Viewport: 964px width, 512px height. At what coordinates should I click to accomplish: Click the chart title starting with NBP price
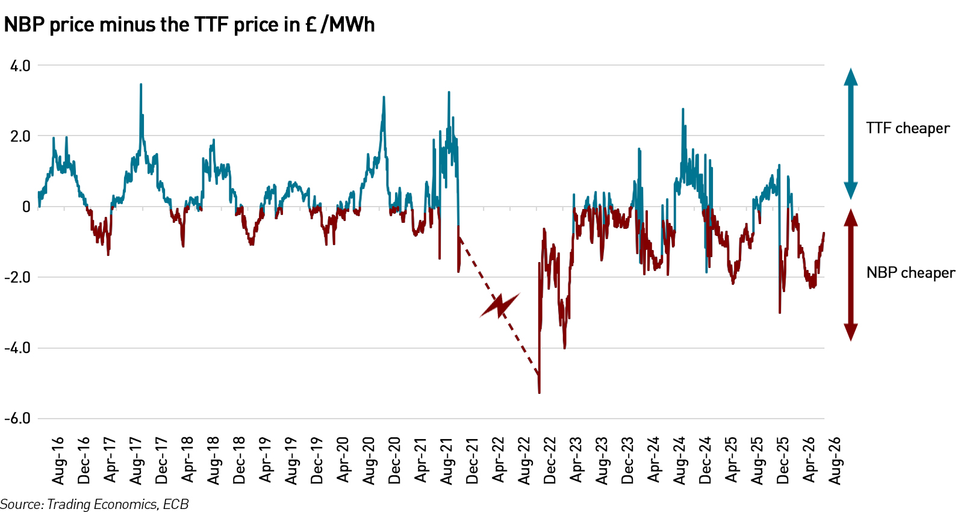pyautogui.click(x=189, y=25)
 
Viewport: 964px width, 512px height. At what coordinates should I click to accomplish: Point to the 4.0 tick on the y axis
pyautogui.click(x=20, y=66)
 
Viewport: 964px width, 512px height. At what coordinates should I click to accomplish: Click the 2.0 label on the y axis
pyautogui.click(x=20, y=137)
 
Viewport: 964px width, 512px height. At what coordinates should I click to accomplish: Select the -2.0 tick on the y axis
pyautogui.click(x=17, y=278)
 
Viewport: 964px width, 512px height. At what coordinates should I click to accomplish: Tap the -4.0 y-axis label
pyautogui.click(x=17, y=348)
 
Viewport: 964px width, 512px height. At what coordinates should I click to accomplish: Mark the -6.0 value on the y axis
pyautogui.click(x=17, y=419)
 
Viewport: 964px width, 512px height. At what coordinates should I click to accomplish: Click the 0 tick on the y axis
pyautogui.click(x=26, y=207)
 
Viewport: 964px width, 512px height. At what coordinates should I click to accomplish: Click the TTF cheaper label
pyautogui.click(x=908, y=128)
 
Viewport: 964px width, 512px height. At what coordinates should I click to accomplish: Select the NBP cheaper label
pyautogui.click(x=910, y=273)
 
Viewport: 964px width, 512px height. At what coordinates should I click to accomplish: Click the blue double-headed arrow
pyautogui.click(x=851, y=134)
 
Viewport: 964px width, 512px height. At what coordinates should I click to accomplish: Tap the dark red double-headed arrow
pyautogui.click(x=851, y=275)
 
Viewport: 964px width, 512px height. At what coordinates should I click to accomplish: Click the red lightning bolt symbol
pyautogui.click(x=500, y=305)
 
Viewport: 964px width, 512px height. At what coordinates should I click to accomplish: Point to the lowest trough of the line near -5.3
pyautogui.click(x=540, y=392)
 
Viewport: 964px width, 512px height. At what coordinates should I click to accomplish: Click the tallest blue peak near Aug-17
pyautogui.click(x=141, y=84)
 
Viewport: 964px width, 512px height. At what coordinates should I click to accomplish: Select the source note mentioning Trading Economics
pyautogui.click(x=95, y=504)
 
